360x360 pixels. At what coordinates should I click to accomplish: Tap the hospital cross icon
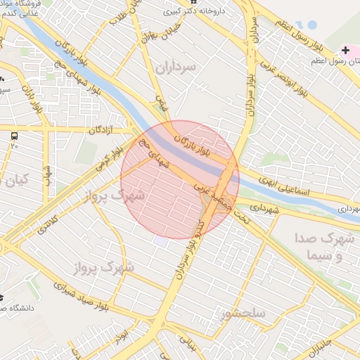(x=345, y=51)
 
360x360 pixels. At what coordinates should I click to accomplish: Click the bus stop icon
(x=14, y=134)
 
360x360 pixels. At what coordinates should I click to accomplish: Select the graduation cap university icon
(x=2, y=299)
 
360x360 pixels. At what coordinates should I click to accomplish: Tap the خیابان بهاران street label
(x=145, y=28)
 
